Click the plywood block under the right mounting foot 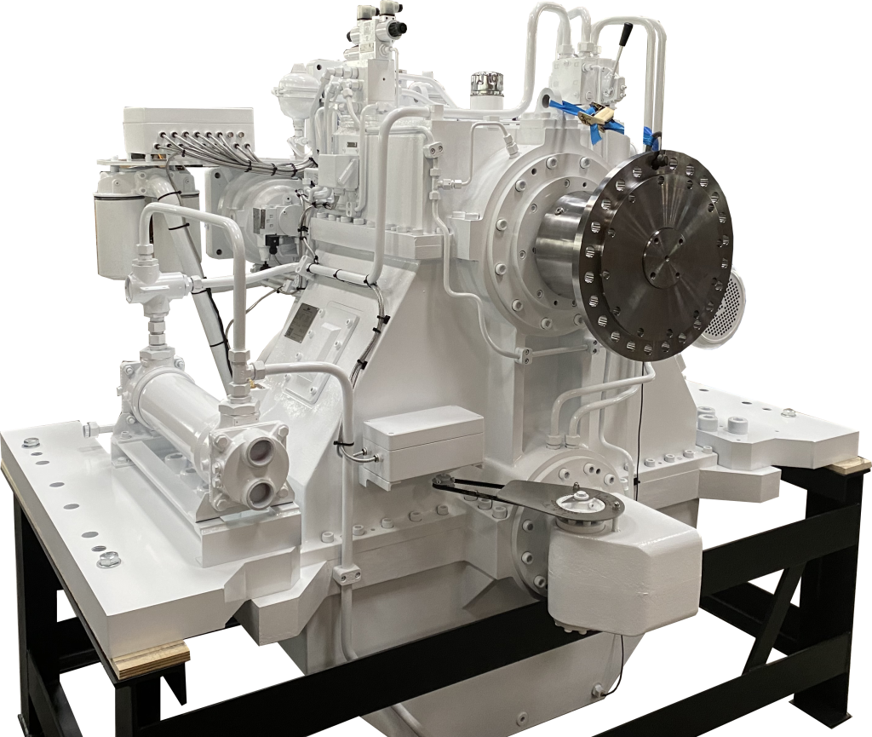tap(850, 465)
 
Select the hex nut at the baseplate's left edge tap(108, 559)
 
